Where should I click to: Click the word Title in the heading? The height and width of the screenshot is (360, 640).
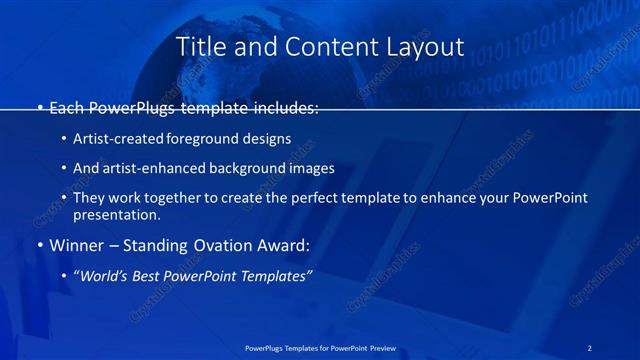(x=200, y=46)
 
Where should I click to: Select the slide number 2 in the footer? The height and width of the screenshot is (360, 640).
(x=589, y=347)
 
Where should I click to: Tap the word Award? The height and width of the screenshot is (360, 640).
(x=282, y=244)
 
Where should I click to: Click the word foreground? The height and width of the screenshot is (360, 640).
(x=209, y=139)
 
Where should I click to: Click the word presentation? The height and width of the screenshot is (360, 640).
(x=116, y=214)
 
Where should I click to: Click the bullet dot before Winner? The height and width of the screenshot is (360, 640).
(x=39, y=245)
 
